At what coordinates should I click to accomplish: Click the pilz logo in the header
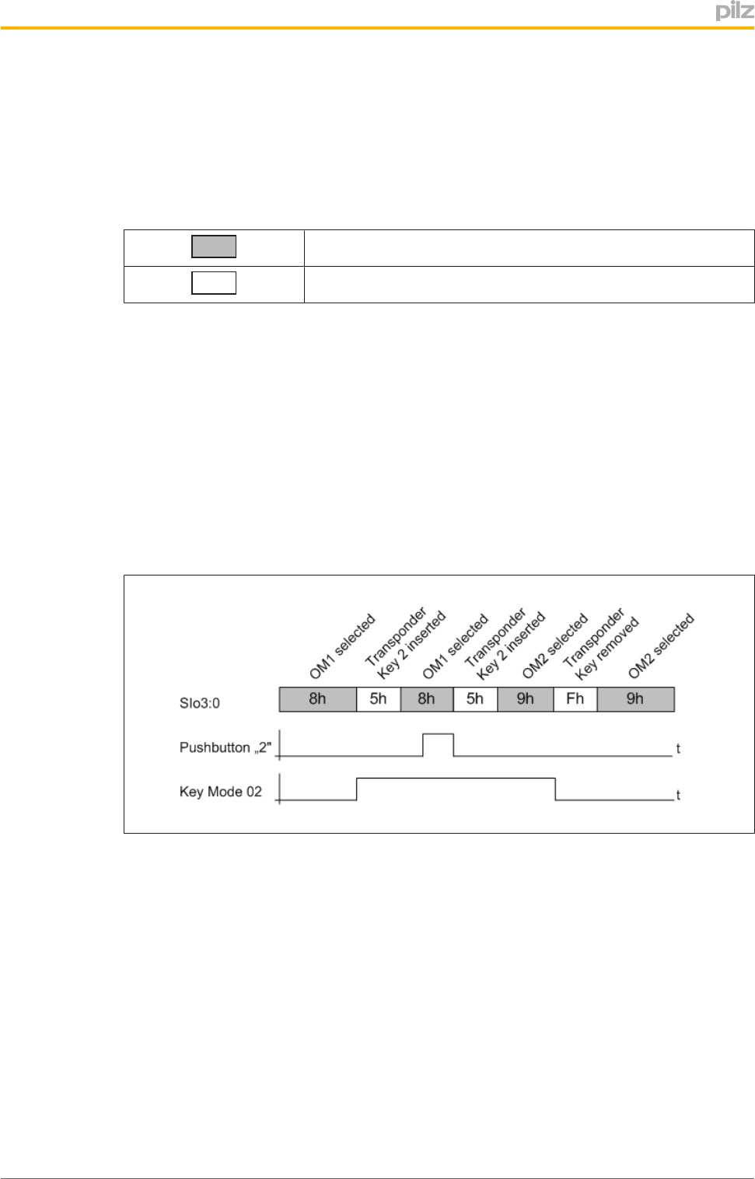733,11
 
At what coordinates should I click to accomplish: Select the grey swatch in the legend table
214,247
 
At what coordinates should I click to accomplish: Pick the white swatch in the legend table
214,283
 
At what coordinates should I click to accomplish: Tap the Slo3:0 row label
200,703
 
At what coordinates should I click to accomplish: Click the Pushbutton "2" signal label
225,747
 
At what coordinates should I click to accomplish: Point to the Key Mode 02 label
221,792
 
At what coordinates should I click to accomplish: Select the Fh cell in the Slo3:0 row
575,699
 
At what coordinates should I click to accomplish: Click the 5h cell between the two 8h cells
378,699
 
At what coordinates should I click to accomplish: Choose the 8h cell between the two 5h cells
426,699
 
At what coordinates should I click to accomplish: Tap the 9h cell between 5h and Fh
525,699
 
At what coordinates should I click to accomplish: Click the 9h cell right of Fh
635,699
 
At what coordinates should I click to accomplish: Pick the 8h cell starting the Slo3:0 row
317,699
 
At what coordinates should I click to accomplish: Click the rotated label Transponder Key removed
600,644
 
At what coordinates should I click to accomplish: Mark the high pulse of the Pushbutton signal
438,734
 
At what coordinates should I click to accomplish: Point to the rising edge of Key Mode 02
357,789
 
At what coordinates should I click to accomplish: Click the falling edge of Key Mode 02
555,789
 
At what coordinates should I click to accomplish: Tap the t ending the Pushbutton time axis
678,749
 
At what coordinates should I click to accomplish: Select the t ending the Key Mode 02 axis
678,795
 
